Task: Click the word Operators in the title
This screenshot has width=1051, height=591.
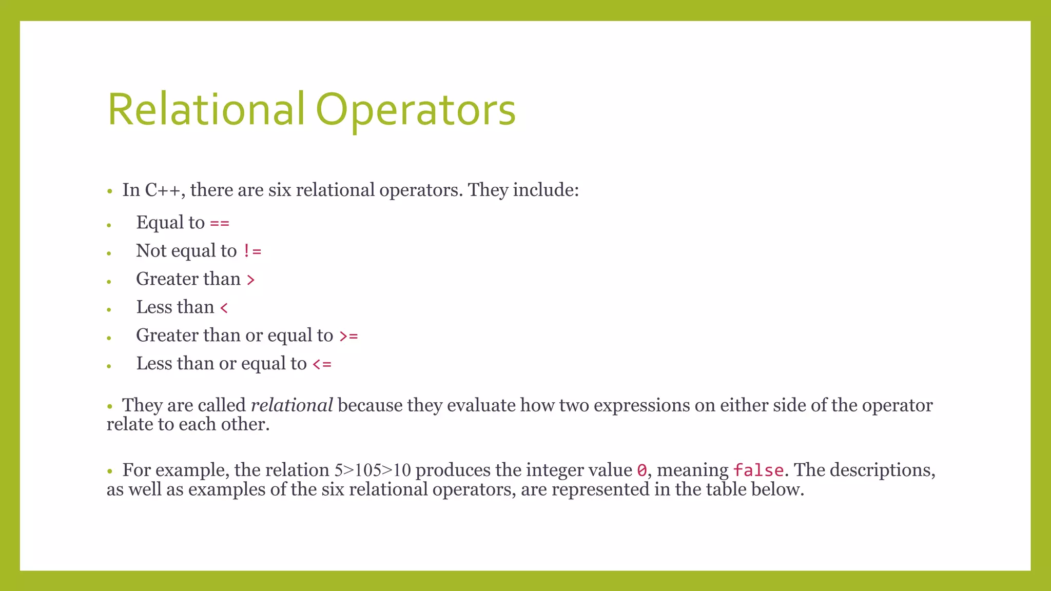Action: pyautogui.click(x=415, y=109)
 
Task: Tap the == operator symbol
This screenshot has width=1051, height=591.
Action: pyautogui.click(x=220, y=224)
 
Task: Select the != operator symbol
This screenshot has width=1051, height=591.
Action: pyautogui.click(x=252, y=251)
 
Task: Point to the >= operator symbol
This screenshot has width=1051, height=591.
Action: pyautogui.click(x=348, y=337)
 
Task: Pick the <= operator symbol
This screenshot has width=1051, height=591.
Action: pyautogui.click(x=322, y=365)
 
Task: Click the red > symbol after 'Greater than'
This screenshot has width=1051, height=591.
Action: pyautogui.click(x=250, y=280)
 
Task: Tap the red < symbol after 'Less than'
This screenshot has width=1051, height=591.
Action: pyautogui.click(x=224, y=308)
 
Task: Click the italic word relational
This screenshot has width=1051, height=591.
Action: pyautogui.click(x=291, y=405)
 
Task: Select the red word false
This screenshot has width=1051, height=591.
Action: pyautogui.click(x=758, y=470)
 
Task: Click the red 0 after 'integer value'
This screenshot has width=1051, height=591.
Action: pyautogui.click(x=641, y=470)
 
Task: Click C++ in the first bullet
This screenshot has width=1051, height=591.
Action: pyautogui.click(x=162, y=190)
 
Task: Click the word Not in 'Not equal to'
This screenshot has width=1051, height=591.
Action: pyautogui.click(x=151, y=251)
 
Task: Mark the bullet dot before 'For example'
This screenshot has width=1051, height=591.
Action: pyautogui.click(x=109, y=471)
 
